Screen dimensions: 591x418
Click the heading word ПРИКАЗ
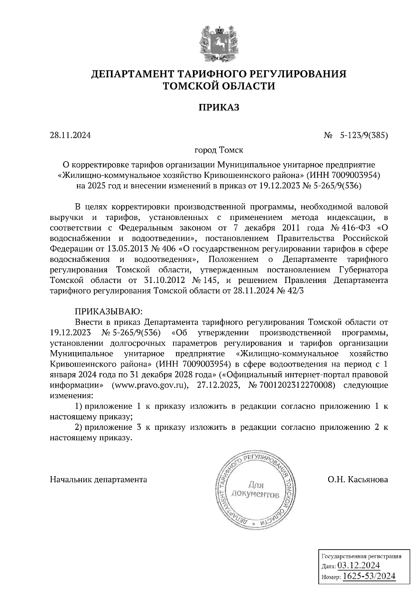[219, 108]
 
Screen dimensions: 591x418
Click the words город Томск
[219, 150]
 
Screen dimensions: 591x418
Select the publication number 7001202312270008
[298, 386]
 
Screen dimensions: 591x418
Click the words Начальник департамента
[99, 480]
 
